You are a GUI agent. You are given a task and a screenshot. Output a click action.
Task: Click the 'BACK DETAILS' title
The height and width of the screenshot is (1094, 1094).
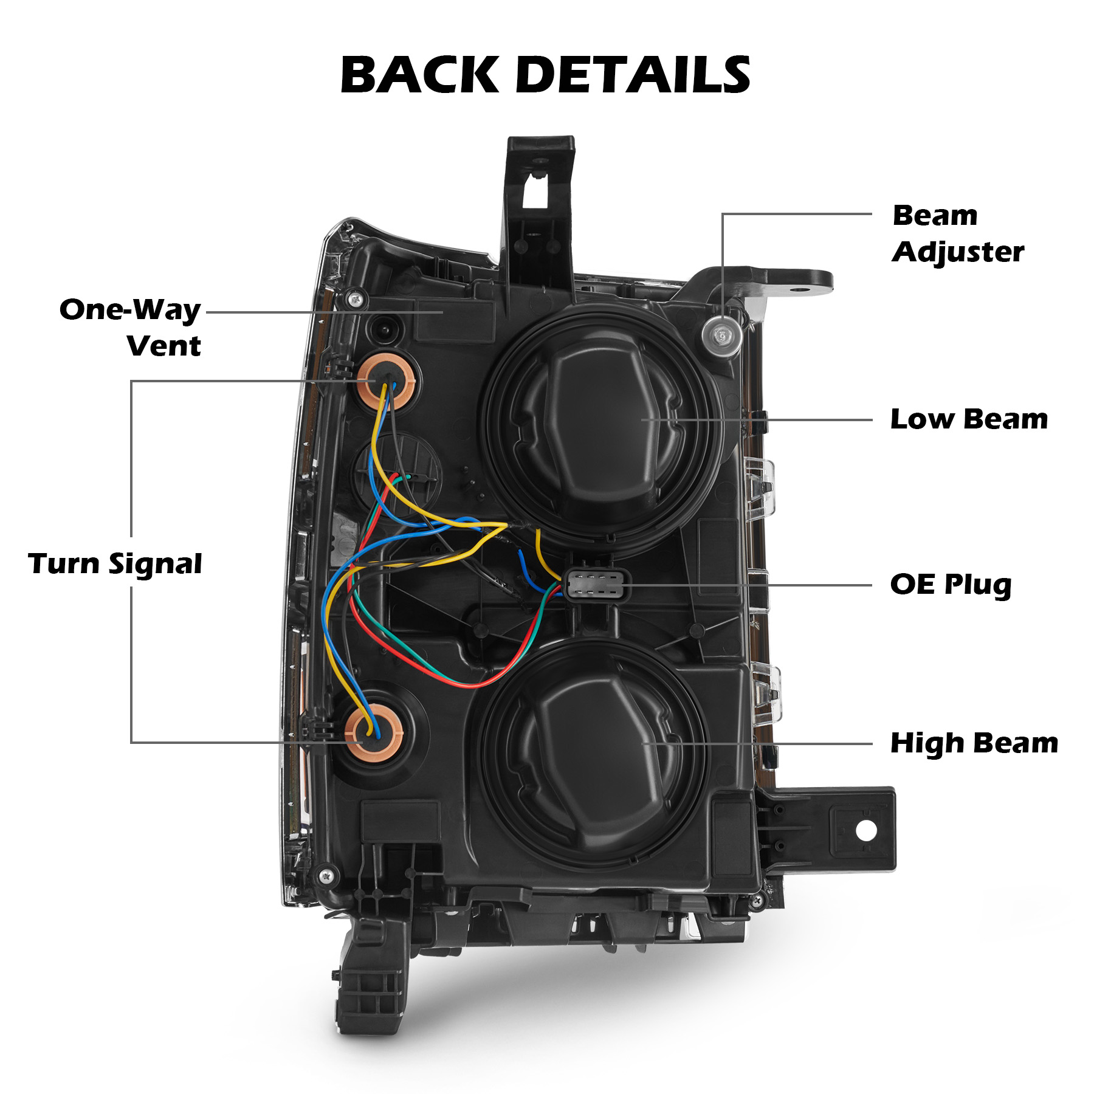pyautogui.click(x=545, y=75)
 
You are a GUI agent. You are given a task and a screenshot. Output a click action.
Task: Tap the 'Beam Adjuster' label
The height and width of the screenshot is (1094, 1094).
pyautogui.click(x=957, y=233)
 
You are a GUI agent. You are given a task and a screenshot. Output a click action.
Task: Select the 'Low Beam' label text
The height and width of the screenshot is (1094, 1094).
pyautogui.click(x=969, y=419)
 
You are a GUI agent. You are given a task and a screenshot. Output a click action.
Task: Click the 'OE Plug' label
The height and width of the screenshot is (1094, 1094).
pyautogui.click(x=951, y=585)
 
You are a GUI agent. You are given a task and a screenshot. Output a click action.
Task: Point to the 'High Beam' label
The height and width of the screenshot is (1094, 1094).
pyautogui.click(x=974, y=743)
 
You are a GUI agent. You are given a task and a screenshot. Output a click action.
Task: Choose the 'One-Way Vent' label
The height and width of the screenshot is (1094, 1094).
pyautogui.click(x=130, y=327)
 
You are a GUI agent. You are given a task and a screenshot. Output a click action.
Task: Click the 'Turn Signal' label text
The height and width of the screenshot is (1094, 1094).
pyautogui.click(x=115, y=563)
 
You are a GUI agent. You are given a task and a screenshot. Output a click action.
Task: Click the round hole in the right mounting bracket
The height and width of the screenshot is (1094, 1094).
pyautogui.click(x=866, y=830)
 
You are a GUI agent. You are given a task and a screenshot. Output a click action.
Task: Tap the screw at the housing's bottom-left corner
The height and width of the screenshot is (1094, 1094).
pyautogui.click(x=327, y=876)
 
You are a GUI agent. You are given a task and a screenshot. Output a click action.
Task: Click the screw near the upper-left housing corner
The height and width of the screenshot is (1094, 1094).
pyautogui.click(x=356, y=299)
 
